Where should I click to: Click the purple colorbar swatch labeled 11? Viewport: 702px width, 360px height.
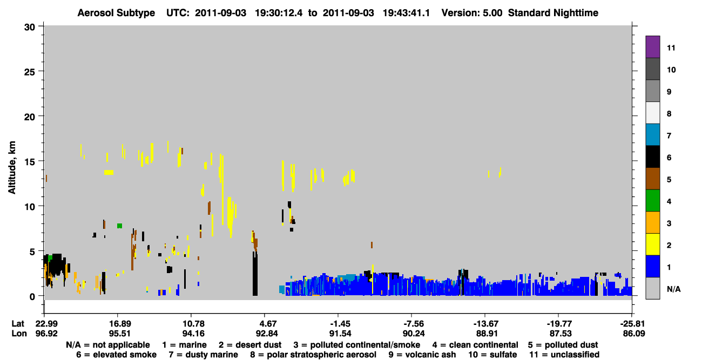(x=652, y=46)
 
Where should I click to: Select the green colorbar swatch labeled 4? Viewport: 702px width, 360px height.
(x=652, y=201)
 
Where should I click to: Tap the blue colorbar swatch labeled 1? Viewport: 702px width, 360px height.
(x=652, y=266)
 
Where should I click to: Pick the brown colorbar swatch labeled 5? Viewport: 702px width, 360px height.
(x=652, y=179)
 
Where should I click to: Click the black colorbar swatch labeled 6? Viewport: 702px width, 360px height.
(x=652, y=157)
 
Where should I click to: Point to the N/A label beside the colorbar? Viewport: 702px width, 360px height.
(x=673, y=289)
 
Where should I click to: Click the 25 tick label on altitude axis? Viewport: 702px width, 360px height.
(x=30, y=72)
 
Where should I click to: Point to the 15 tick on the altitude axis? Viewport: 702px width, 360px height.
(x=40, y=161)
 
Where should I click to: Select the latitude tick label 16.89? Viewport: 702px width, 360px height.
(x=120, y=324)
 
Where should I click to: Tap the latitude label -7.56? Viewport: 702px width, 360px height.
(x=414, y=324)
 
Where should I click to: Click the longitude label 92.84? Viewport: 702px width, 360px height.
(x=267, y=334)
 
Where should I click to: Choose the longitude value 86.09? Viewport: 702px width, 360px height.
(x=634, y=334)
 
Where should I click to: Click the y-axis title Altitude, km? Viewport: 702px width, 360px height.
(x=12, y=168)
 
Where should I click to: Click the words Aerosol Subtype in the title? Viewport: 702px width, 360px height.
(x=116, y=13)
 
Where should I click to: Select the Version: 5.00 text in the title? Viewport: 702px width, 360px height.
(x=472, y=13)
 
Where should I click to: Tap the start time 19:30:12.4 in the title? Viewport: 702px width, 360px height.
(x=279, y=13)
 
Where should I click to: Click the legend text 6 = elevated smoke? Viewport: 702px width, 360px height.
(x=116, y=355)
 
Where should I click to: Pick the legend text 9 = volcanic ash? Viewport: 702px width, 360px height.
(x=422, y=355)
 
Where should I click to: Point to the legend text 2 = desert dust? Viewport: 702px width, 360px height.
(x=250, y=345)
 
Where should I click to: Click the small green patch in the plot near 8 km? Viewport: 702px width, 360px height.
(x=119, y=226)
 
